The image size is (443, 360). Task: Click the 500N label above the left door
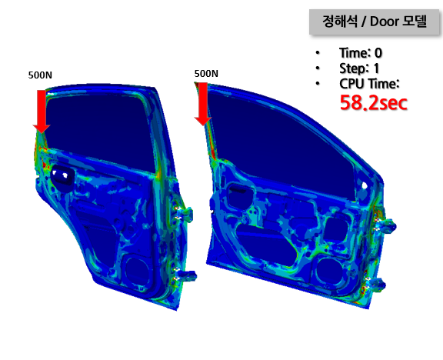point(40,75)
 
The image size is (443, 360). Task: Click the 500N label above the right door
point(206,74)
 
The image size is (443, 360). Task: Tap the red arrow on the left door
point(42,112)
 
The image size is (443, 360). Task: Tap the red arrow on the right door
point(203,104)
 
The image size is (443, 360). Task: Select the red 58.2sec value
point(374,103)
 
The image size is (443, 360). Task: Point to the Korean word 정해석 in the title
point(340,22)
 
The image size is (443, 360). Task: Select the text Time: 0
point(361,53)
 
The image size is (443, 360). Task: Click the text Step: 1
point(359,68)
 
